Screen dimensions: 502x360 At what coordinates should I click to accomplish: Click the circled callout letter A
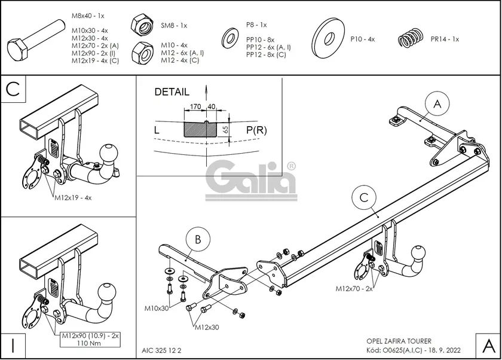(x=437, y=104)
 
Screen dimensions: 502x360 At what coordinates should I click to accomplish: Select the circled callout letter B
(x=198, y=239)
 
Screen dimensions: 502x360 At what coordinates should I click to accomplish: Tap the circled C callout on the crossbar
(x=364, y=197)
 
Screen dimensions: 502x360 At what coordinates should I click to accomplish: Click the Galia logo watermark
(x=250, y=181)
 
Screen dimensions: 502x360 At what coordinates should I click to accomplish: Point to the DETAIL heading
(x=172, y=92)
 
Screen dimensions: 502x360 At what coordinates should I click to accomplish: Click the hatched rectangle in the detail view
(x=200, y=129)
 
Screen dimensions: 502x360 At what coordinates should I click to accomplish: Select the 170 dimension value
(x=195, y=106)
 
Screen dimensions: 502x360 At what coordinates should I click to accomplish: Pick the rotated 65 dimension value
(x=225, y=130)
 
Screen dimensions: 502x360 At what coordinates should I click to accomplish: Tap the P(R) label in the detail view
(x=256, y=130)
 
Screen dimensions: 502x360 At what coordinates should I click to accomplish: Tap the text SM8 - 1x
(x=174, y=25)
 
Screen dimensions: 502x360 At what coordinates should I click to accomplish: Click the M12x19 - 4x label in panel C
(x=73, y=198)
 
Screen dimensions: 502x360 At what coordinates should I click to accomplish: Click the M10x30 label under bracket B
(x=156, y=309)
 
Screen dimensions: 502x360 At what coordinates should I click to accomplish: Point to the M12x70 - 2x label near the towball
(x=354, y=289)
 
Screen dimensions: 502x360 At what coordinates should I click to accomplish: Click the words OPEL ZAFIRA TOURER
(x=399, y=341)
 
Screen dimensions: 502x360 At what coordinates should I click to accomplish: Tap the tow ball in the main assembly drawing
(x=418, y=253)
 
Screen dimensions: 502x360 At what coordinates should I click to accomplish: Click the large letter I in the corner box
(x=13, y=346)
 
